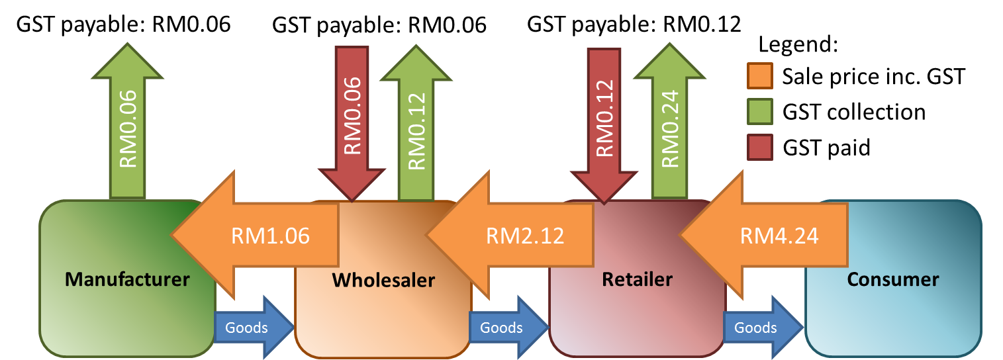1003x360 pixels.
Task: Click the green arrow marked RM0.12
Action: point(416,126)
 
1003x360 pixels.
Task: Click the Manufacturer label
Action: point(127,279)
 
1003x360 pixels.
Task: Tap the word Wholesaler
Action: point(383,281)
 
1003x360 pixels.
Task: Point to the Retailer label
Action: point(637,279)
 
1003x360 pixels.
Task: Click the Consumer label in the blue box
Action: point(892,279)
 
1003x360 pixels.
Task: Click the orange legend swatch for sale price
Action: point(761,77)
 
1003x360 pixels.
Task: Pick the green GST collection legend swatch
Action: point(761,112)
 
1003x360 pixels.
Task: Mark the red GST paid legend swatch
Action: point(761,147)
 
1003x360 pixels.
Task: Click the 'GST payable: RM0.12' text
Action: point(634,25)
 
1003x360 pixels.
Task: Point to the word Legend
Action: point(798,45)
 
